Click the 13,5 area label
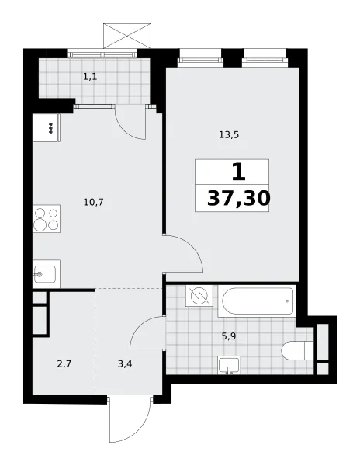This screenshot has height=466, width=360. pos(229,135)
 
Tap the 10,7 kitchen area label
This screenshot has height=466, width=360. pos(93,203)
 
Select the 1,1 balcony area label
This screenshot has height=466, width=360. pos(90,77)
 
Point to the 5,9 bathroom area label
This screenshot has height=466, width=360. pos(229,337)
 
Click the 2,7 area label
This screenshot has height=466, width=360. pos(64,363)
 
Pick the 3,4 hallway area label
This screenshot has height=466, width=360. pos(125,363)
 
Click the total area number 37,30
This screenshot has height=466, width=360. pos(239,199)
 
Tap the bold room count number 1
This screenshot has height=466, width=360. pos(239,172)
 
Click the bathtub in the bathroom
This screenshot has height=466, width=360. pos(257,301)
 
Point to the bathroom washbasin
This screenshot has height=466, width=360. pos(229,365)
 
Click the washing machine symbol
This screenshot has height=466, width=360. pos(199,296)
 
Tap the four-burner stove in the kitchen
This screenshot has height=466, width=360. pos(47,219)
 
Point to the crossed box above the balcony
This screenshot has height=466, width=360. pos(127,36)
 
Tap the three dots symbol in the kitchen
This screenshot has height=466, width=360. pos(50,128)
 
